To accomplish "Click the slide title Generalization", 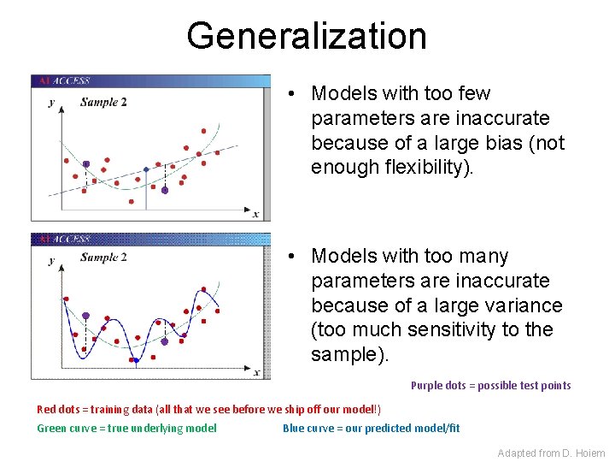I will tap(307, 36).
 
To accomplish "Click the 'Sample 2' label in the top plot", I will tap(103, 102).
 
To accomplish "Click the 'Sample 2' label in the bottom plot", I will tap(103, 258).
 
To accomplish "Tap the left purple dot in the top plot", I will tap(86, 163).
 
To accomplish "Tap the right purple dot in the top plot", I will tap(165, 190).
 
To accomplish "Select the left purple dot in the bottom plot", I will tap(85, 316).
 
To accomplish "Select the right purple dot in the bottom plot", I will tap(165, 341).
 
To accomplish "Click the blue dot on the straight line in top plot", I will tap(146, 169).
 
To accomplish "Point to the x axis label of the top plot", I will tap(255, 214).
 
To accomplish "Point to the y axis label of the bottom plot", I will tap(51, 260).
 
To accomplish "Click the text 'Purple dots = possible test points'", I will tap(490, 386).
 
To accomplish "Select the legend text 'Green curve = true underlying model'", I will tap(126, 429).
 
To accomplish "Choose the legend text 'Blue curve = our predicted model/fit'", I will tap(371, 429).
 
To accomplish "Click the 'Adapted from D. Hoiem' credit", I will tap(551, 453).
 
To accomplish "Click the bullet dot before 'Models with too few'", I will tap(292, 93).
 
